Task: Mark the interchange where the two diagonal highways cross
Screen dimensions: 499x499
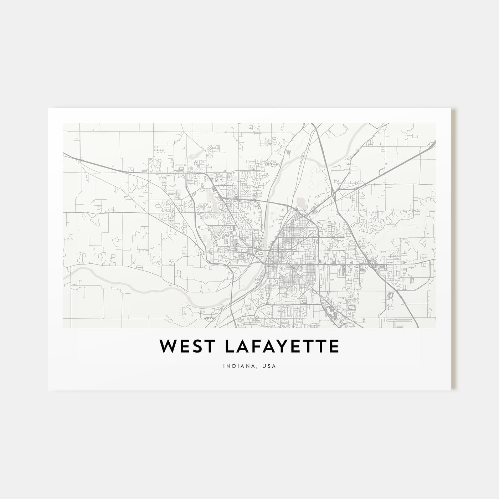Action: tap(334, 195)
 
